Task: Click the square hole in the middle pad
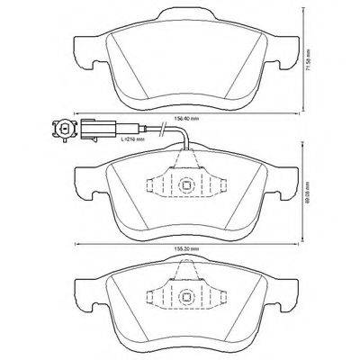186,186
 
